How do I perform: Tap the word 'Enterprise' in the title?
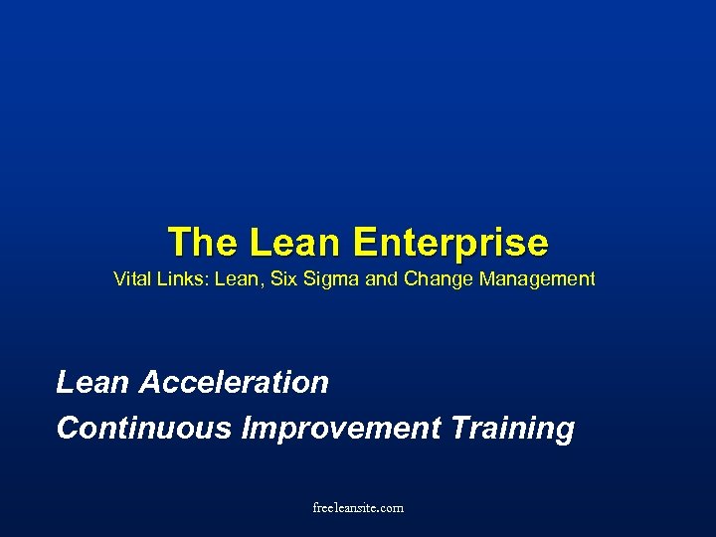[x=450, y=242]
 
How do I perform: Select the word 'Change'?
[x=439, y=279]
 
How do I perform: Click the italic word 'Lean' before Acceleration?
[x=93, y=382]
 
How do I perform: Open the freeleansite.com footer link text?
[x=358, y=507]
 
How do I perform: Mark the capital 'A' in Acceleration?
[x=151, y=382]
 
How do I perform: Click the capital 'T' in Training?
[x=461, y=429]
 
